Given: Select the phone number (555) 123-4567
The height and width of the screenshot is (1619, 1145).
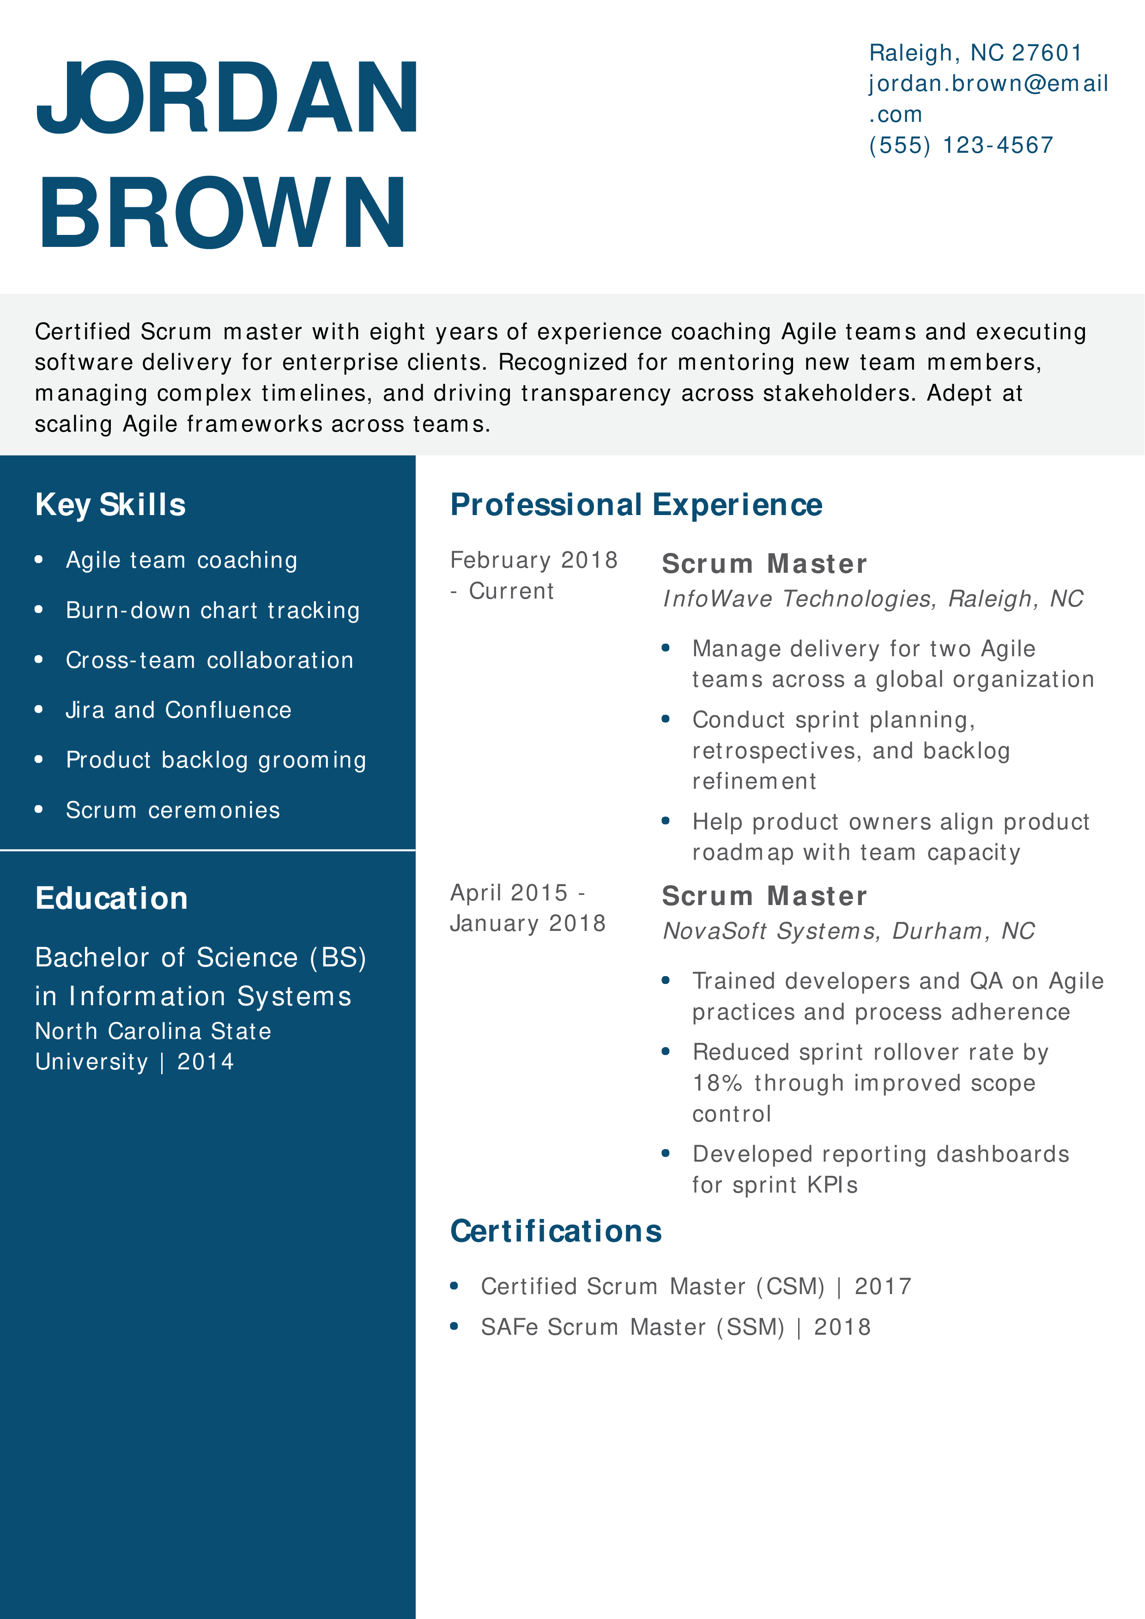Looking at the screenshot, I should [961, 145].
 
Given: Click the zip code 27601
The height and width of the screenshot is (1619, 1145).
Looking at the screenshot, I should [1047, 53].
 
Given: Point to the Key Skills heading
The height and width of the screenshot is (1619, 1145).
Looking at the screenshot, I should [111, 505].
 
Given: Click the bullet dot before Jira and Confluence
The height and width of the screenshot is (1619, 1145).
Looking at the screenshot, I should [39, 709].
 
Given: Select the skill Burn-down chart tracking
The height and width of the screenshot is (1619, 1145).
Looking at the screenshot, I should [212, 610].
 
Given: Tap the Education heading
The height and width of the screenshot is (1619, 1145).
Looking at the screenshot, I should [111, 899].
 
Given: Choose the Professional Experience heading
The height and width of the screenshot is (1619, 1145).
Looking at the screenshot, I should [636, 505].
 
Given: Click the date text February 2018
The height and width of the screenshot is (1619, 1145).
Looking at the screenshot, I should [534, 560].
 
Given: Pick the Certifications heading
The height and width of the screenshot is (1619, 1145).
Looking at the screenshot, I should [556, 1231].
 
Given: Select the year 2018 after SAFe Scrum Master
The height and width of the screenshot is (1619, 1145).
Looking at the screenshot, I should [842, 1327].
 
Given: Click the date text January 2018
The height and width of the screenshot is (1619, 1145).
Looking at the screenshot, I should [528, 923].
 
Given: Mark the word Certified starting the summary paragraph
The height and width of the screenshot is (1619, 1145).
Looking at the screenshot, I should [83, 331].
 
